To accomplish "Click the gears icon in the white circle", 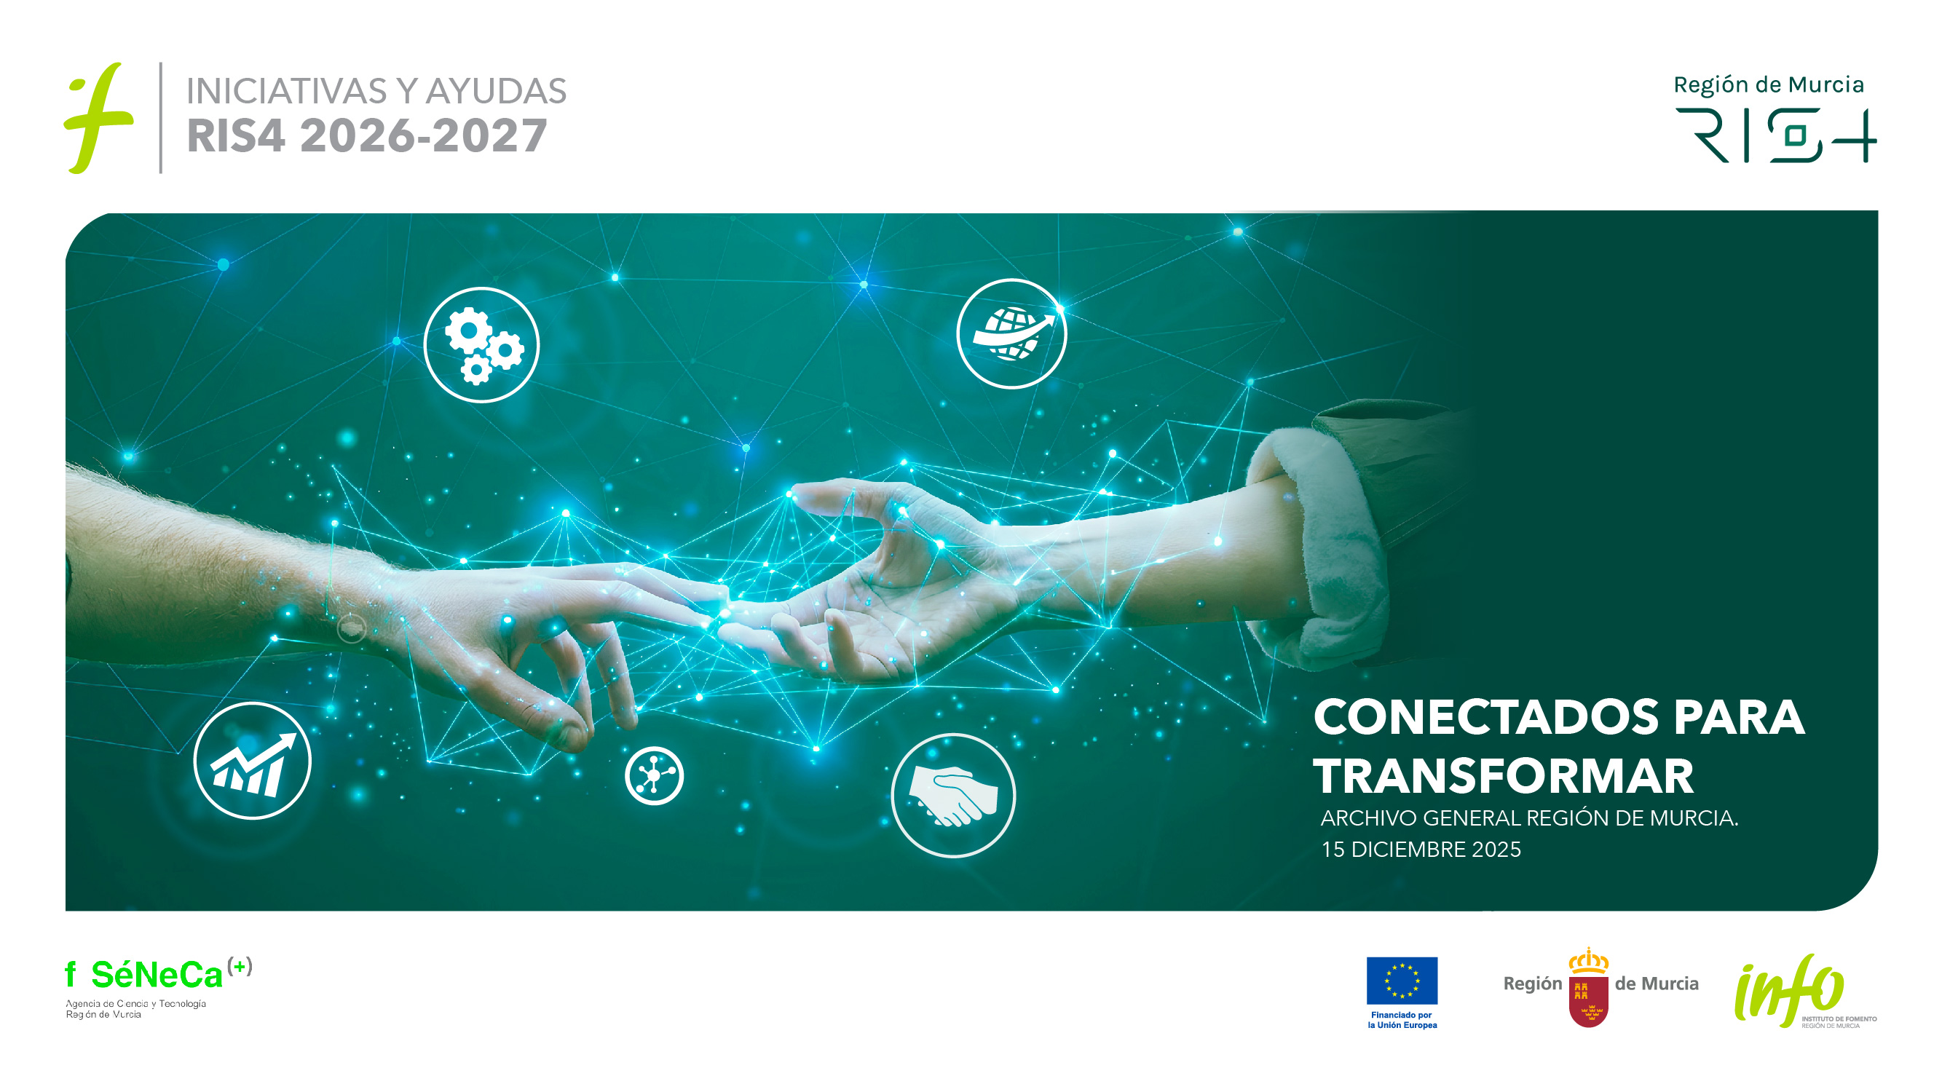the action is (482, 345).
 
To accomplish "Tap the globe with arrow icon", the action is (1011, 334).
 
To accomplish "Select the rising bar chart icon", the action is (253, 761).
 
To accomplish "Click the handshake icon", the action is (954, 796).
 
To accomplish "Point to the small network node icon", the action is (655, 775).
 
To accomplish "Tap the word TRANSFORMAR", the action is (1503, 776).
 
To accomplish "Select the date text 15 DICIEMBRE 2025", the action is (1421, 850).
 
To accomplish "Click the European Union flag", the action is (1402, 981).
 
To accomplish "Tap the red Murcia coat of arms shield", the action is (1589, 1001).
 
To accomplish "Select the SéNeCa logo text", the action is (157, 976).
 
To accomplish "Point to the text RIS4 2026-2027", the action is (366, 135).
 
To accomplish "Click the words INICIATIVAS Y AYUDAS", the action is (376, 91).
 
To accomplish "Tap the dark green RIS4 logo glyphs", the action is (1776, 135).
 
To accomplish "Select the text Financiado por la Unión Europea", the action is (1402, 1020).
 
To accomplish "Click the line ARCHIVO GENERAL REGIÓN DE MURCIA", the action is (1530, 818).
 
